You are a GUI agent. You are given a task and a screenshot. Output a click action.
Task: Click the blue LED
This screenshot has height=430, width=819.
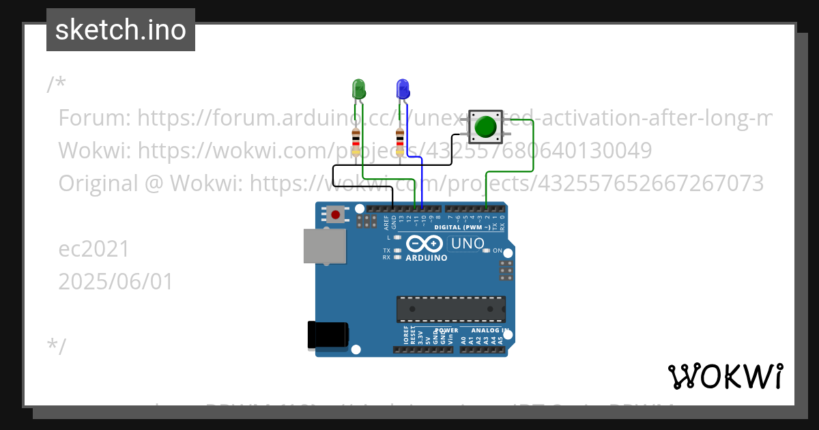pyautogui.click(x=403, y=89)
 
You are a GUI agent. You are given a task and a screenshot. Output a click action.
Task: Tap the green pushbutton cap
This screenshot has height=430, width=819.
pyautogui.click(x=485, y=126)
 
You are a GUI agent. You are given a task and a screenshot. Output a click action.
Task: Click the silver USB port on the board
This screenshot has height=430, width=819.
pyautogui.click(x=325, y=246)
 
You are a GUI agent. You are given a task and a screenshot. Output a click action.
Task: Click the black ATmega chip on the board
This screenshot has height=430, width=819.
pyautogui.click(x=451, y=309)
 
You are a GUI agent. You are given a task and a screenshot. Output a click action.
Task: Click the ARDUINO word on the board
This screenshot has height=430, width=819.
pyautogui.click(x=427, y=258)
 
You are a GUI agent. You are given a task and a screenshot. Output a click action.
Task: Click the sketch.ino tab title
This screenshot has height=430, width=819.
pyautogui.click(x=121, y=30)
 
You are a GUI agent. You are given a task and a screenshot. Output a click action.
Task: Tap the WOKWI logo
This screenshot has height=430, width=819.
pyautogui.click(x=725, y=376)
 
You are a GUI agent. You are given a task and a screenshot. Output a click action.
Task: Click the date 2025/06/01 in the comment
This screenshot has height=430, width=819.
pyautogui.click(x=116, y=281)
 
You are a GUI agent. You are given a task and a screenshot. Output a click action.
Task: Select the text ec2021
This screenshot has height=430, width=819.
pyautogui.click(x=94, y=249)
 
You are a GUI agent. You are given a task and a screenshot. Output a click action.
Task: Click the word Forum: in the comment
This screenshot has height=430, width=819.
pyautogui.click(x=95, y=118)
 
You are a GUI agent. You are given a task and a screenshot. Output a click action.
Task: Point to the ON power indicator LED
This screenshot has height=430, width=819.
pyautogui.click(x=486, y=250)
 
